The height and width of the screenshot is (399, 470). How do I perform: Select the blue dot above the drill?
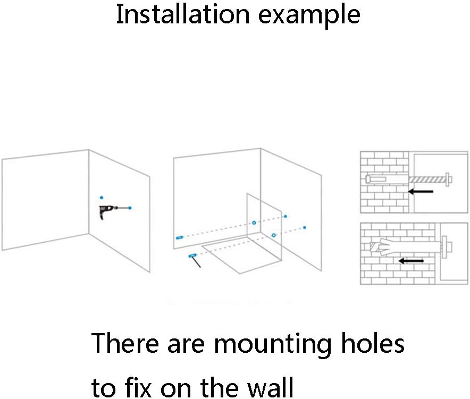point(102,197)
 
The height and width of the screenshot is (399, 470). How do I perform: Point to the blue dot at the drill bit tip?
point(130,207)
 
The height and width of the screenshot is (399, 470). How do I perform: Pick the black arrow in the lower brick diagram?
point(412,260)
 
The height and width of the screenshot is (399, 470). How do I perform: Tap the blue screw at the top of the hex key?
point(191,256)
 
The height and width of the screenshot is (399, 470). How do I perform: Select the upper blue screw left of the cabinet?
point(179,237)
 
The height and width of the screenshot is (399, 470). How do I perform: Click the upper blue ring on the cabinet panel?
point(254,222)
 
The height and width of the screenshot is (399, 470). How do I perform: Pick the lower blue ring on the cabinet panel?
point(273,235)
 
